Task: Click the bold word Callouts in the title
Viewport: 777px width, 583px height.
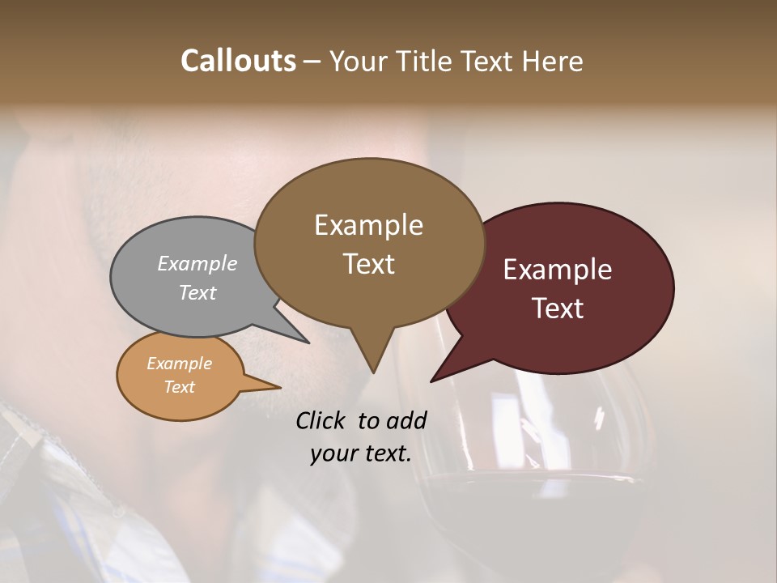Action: [238, 61]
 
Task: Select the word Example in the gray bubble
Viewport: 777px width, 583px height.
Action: [197, 263]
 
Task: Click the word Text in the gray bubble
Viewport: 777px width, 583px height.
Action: [197, 292]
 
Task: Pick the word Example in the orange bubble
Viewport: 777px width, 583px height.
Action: [179, 364]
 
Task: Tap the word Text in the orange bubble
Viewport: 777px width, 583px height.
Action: [179, 387]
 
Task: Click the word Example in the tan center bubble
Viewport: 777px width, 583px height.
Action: [368, 225]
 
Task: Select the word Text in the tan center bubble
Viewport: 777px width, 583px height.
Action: [368, 264]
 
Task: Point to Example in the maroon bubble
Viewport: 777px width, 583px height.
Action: [558, 270]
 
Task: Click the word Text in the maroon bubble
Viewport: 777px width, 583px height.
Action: [558, 309]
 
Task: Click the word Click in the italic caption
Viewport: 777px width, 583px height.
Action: [322, 420]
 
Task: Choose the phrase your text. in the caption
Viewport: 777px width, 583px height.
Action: [361, 453]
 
